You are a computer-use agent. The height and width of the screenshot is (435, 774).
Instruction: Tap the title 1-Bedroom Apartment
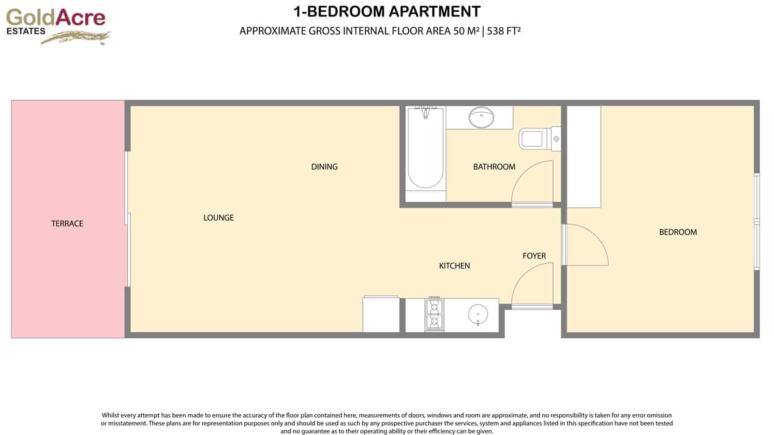(387, 12)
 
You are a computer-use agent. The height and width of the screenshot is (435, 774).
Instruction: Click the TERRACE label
(67, 224)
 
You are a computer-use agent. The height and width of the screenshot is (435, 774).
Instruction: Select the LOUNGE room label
(219, 218)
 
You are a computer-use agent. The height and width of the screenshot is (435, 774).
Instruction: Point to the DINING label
(324, 167)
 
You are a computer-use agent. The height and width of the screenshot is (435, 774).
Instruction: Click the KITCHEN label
(454, 266)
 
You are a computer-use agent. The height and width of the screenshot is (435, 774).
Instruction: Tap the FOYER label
(534, 256)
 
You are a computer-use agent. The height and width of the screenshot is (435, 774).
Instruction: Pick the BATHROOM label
(494, 167)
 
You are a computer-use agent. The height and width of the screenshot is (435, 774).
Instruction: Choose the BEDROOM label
(678, 232)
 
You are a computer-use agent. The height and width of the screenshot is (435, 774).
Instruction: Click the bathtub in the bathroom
(425, 150)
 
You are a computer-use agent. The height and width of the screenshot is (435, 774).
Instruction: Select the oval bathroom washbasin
(481, 118)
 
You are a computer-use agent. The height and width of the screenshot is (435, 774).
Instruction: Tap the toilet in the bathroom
(537, 139)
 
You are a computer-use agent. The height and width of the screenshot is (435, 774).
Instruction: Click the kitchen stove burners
(434, 315)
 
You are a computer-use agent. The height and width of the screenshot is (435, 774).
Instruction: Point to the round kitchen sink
(478, 315)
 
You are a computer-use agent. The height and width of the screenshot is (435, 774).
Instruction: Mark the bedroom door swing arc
(586, 244)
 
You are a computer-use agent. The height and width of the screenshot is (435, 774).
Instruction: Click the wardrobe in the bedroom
(584, 156)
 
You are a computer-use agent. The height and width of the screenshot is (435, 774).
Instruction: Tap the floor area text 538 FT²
(504, 31)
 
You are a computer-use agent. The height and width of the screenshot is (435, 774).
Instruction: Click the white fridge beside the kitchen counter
(381, 315)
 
